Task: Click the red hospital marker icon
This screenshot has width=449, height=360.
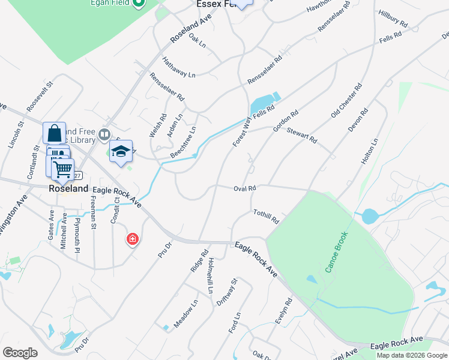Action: pos(132,240)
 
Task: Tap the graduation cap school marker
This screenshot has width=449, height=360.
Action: pos(121,152)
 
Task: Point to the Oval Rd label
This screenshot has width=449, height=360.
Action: pos(245,188)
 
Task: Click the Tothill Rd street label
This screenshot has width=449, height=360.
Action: pos(266,217)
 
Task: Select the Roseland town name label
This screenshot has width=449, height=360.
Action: pos(68,188)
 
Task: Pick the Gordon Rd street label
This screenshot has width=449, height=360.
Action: pos(286,121)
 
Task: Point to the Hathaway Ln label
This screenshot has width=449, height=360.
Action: pos(179,67)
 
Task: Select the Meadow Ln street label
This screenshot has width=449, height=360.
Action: pos(185,314)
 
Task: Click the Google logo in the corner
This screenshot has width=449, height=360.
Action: pos(20,353)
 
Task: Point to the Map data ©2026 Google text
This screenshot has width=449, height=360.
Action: pos(412,355)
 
